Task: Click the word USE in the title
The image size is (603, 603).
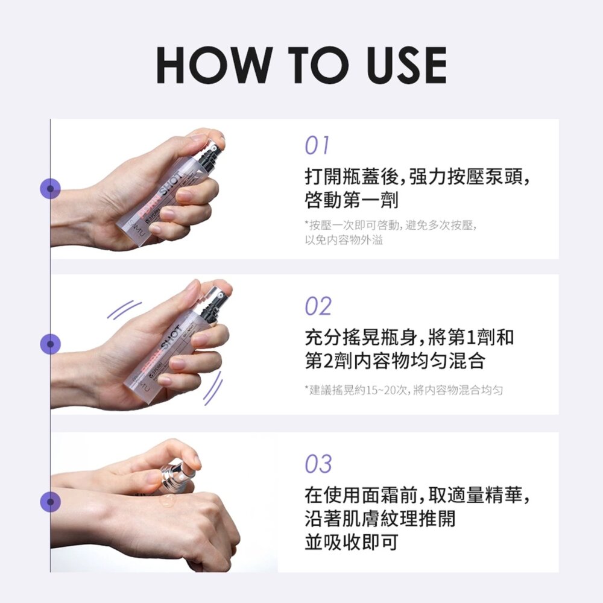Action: click(406, 65)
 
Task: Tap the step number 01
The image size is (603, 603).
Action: click(317, 145)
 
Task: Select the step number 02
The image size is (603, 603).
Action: click(318, 306)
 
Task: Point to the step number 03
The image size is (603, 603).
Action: click(318, 464)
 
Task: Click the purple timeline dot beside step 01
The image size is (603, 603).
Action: click(51, 188)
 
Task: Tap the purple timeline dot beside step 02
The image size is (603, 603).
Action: click(51, 344)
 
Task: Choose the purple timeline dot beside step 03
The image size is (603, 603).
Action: click(51, 502)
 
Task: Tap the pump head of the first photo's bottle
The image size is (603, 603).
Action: click(210, 154)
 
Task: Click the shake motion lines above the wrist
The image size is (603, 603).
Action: click(124, 309)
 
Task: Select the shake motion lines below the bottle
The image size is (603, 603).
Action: click(213, 388)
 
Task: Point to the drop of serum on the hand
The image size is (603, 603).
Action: click(168, 500)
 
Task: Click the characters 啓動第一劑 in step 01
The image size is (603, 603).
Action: click(352, 200)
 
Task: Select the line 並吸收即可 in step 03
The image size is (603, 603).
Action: click(352, 542)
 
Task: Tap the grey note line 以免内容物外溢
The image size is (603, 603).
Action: click(344, 241)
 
